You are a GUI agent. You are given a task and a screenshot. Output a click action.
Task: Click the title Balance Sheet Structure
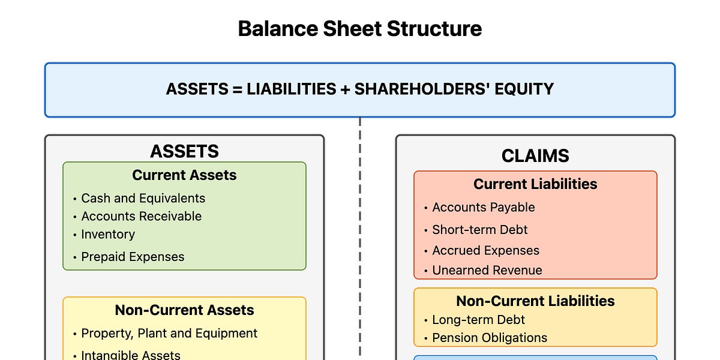coord(359,29)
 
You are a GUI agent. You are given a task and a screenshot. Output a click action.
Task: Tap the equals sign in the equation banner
coord(237,89)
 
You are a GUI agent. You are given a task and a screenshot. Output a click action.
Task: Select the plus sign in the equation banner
coord(345,89)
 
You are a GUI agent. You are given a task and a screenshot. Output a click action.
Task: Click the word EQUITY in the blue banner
coord(524,89)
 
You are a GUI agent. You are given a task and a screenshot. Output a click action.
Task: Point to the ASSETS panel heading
coord(184,151)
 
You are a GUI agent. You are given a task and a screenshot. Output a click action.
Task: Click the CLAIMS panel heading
coord(535,155)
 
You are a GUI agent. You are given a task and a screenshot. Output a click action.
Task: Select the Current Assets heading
coord(184,175)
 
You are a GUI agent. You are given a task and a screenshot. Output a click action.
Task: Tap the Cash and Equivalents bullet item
coord(143,199)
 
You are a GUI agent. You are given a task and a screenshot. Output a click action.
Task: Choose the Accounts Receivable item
coord(142,217)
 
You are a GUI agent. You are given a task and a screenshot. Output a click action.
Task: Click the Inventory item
coord(108,235)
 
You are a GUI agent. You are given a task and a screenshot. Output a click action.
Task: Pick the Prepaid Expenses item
coord(133,257)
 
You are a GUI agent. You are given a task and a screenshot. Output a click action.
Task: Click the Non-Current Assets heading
coord(184,310)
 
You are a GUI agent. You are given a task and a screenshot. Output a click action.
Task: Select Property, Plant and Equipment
coord(169,334)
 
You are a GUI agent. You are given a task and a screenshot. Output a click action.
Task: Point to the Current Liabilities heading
coord(535,184)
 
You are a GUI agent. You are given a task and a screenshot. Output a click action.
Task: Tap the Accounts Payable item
coord(484,208)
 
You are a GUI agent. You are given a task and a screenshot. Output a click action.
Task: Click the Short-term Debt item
coord(479,230)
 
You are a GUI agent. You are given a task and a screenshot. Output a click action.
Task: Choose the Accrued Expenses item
coord(485,250)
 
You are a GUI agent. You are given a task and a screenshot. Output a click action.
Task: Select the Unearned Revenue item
coord(487,271)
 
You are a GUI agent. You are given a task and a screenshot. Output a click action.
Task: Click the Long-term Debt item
coord(478,320)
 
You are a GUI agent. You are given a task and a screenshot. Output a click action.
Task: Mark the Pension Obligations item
coord(490,338)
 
